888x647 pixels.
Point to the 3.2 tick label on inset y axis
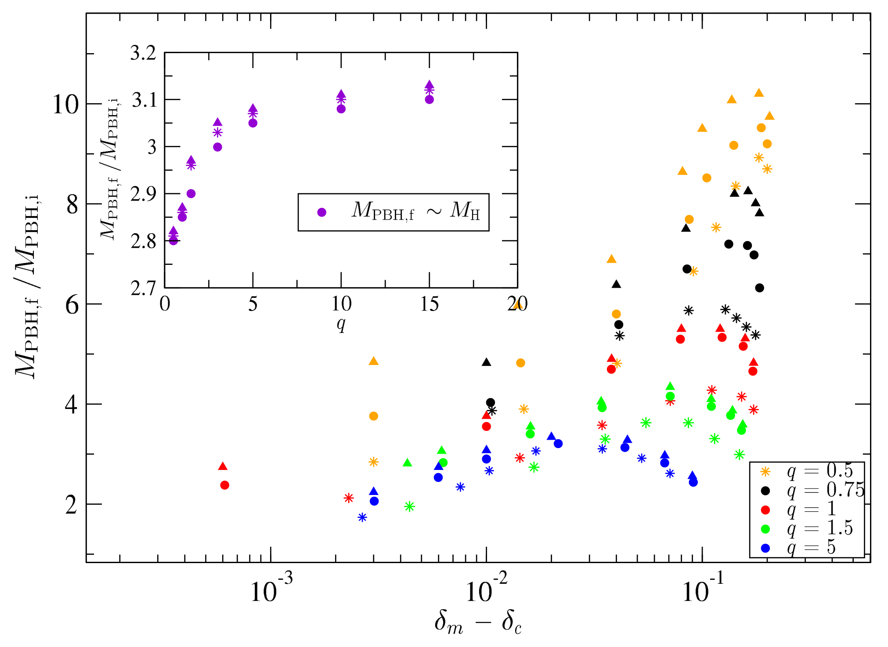[143, 53]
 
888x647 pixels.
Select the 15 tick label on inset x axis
[429, 304]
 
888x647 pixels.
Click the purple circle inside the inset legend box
[322, 212]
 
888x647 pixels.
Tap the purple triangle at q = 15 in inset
[430, 84]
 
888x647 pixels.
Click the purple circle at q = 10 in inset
[341, 108]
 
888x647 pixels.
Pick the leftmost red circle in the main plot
[224, 485]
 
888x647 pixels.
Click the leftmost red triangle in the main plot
[223, 466]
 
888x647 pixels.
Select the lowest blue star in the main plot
[362, 517]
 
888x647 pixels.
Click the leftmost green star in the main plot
[409, 506]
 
